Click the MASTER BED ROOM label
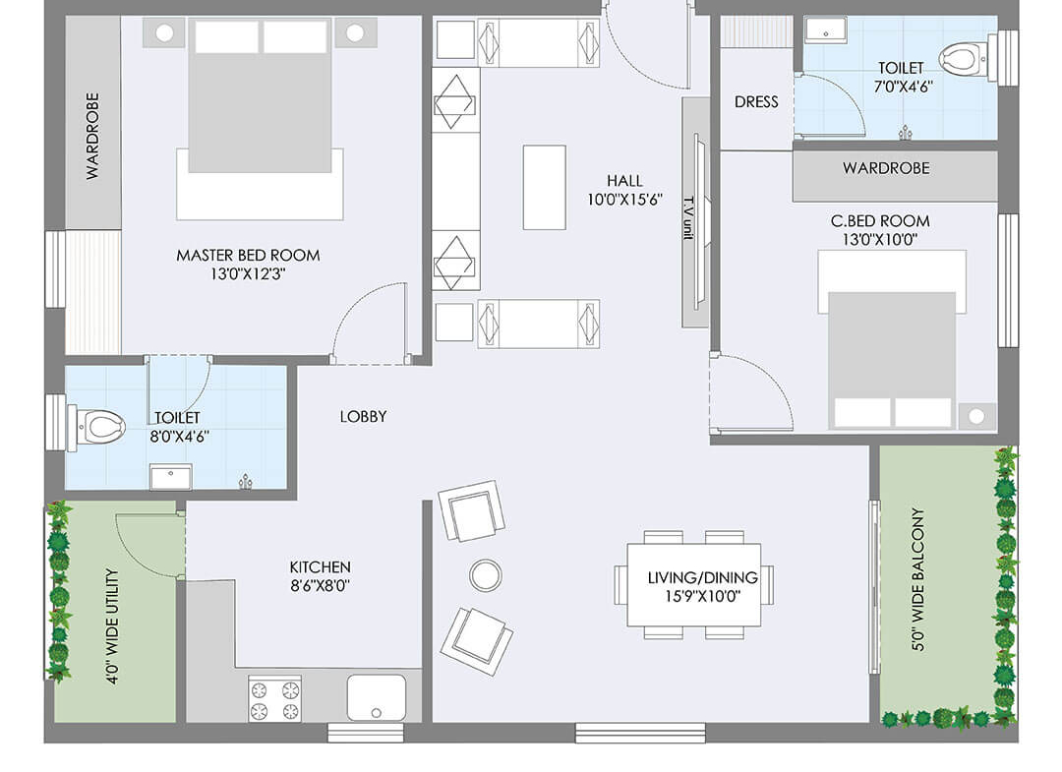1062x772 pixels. (248, 256)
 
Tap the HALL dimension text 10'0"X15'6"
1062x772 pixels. (624, 200)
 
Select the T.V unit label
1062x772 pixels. (688, 217)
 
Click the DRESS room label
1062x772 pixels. (756, 102)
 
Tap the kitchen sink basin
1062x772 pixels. (377, 697)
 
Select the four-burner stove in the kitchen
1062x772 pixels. (274, 699)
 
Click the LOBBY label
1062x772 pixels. (363, 416)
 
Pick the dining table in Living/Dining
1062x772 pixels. (693, 584)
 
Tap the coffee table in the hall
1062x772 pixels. (544, 188)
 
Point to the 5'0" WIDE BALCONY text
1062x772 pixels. (918, 579)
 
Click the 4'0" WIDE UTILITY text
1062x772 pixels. (112, 626)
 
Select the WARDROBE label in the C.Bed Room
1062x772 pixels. (886, 168)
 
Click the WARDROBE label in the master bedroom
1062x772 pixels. (92, 136)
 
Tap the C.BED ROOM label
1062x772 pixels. (880, 221)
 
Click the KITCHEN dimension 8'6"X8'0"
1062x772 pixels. (320, 586)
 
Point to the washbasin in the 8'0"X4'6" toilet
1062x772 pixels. (171, 477)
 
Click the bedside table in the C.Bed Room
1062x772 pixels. (976, 416)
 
